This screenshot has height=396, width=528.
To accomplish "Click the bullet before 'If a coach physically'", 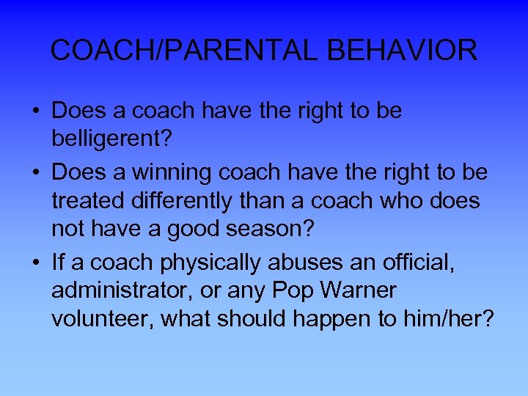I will click(x=35, y=262).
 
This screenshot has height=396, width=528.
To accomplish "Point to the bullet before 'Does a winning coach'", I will click(x=35, y=172).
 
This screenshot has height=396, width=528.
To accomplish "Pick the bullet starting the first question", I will click(x=35, y=111).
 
